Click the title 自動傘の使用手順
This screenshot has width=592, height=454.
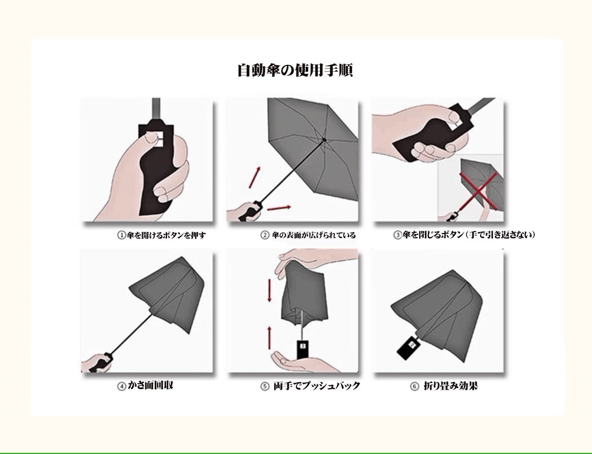click(x=296, y=71)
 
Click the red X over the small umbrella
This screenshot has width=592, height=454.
click(x=478, y=190)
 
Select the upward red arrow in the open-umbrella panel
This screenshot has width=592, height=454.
click(x=254, y=177)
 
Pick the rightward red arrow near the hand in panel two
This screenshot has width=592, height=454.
click(x=279, y=208)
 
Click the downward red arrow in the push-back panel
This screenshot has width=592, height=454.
click(x=270, y=290)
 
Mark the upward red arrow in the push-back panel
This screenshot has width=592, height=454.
click(x=270, y=338)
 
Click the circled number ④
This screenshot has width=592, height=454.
click(x=122, y=386)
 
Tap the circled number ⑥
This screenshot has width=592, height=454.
click(x=414, y=387)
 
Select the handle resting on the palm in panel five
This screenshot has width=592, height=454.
click(x=302, y=350)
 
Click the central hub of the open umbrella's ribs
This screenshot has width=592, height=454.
click(x=324, y=140)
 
